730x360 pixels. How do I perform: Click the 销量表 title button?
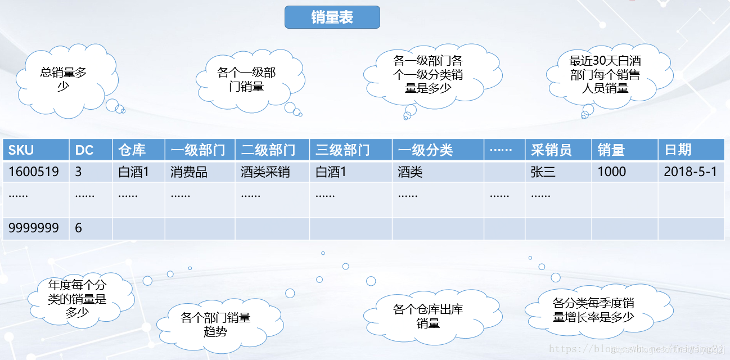[x=332, y=17]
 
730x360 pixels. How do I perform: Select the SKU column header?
[x=35, y=150]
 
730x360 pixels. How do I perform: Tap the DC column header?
[x=91, y=150]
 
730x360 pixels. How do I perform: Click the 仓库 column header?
[x=138, y=150]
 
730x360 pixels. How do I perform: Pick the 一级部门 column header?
[x=200, y=150]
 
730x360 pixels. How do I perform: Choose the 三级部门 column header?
[x=350, y=150]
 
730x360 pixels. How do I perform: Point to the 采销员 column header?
[x=558, y=150]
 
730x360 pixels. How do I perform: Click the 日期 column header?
[x=691, y=150]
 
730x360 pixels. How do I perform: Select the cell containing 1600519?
[x=35, y=172]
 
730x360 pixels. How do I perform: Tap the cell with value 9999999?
[x=35, y=228]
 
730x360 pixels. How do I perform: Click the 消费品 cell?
[x=200, y=172]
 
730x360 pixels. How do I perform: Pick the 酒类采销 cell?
[x=272, y=172]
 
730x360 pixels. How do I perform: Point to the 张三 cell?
[x=558, y=172]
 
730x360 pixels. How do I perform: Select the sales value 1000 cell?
[x=624, y=172]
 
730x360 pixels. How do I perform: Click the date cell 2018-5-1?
[x=691, y=172]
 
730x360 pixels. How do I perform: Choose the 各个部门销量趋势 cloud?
[x=215, y=325]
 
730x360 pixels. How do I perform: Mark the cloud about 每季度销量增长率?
[x=593, y=310]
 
